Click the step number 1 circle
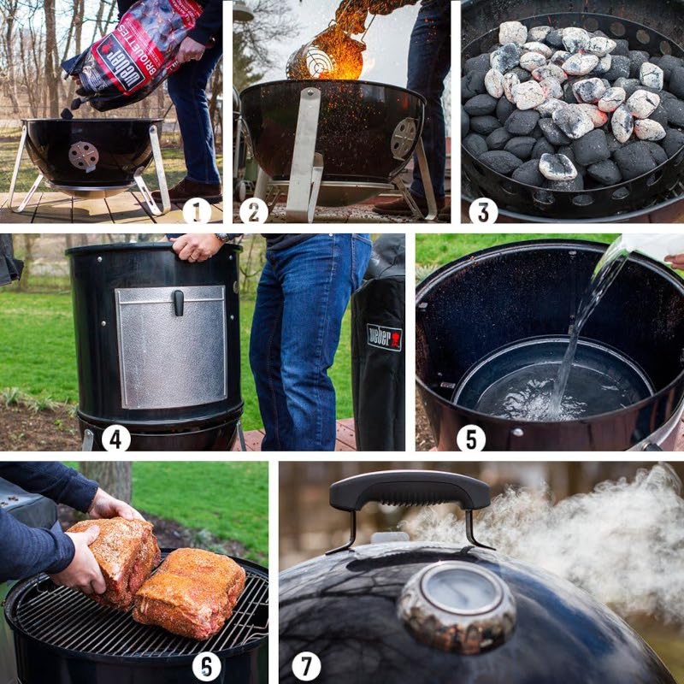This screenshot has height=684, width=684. tap(197, 210)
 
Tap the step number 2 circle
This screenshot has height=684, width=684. tap(253, 210)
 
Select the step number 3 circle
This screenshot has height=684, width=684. tap(482, 210)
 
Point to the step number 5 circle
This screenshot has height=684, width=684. tap(470, 438)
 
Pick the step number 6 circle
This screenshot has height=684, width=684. tap(206, 666)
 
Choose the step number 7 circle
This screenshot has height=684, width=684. tap(306, 666)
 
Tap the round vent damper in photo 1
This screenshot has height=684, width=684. tap(83, 156)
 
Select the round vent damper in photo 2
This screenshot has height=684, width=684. tap(404, 137)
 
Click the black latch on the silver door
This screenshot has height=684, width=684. tap(178, 302)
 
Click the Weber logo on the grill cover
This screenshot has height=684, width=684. tap(384, 336)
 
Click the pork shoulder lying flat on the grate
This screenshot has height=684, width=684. tap(190, 592)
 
